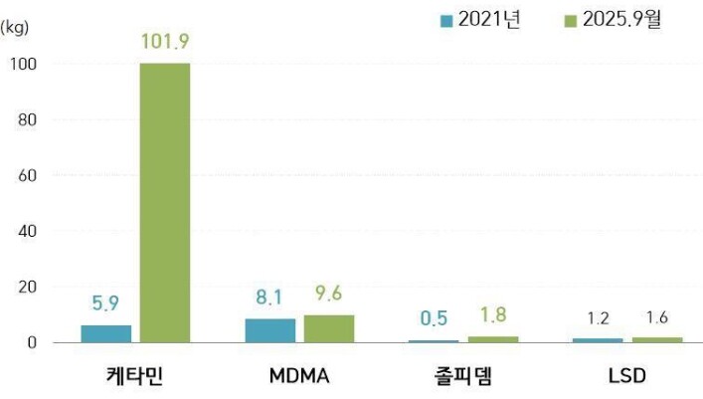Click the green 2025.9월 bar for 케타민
164,203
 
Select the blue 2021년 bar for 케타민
105,333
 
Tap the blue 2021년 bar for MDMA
269,330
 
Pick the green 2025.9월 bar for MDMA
329,328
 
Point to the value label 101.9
164,43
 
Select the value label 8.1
269,297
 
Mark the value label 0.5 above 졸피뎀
433,318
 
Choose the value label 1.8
493,314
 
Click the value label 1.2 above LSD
597,318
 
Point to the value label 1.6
657,318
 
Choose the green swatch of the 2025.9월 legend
572,20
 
